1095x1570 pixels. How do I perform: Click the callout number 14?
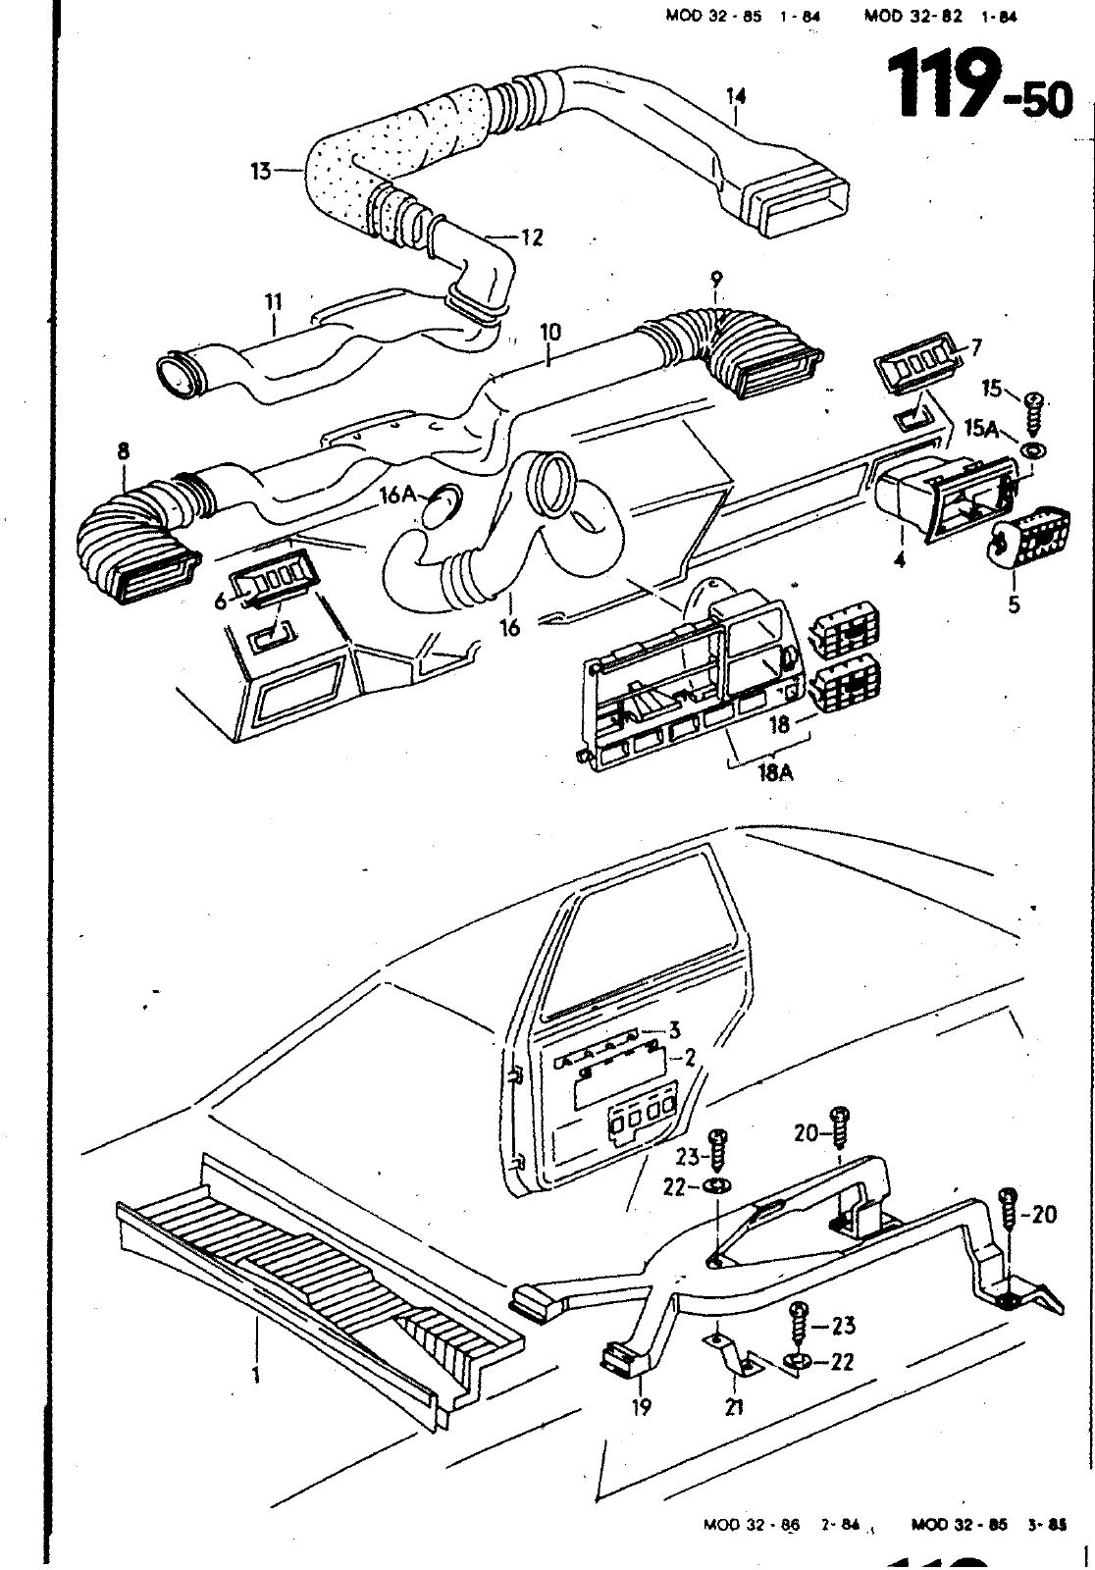click(x=736, y=96)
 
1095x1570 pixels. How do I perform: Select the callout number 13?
click(x=259, y=171)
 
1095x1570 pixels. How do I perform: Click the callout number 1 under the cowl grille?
click(x=255, y=1375)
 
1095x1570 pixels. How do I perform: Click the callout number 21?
click(x=734, y=1408)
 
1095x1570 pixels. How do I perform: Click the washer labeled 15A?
click(x=1032, y=451)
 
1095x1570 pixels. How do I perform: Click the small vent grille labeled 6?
click(x=271, y=580)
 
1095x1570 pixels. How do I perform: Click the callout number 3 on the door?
click(x=674, y=1029)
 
